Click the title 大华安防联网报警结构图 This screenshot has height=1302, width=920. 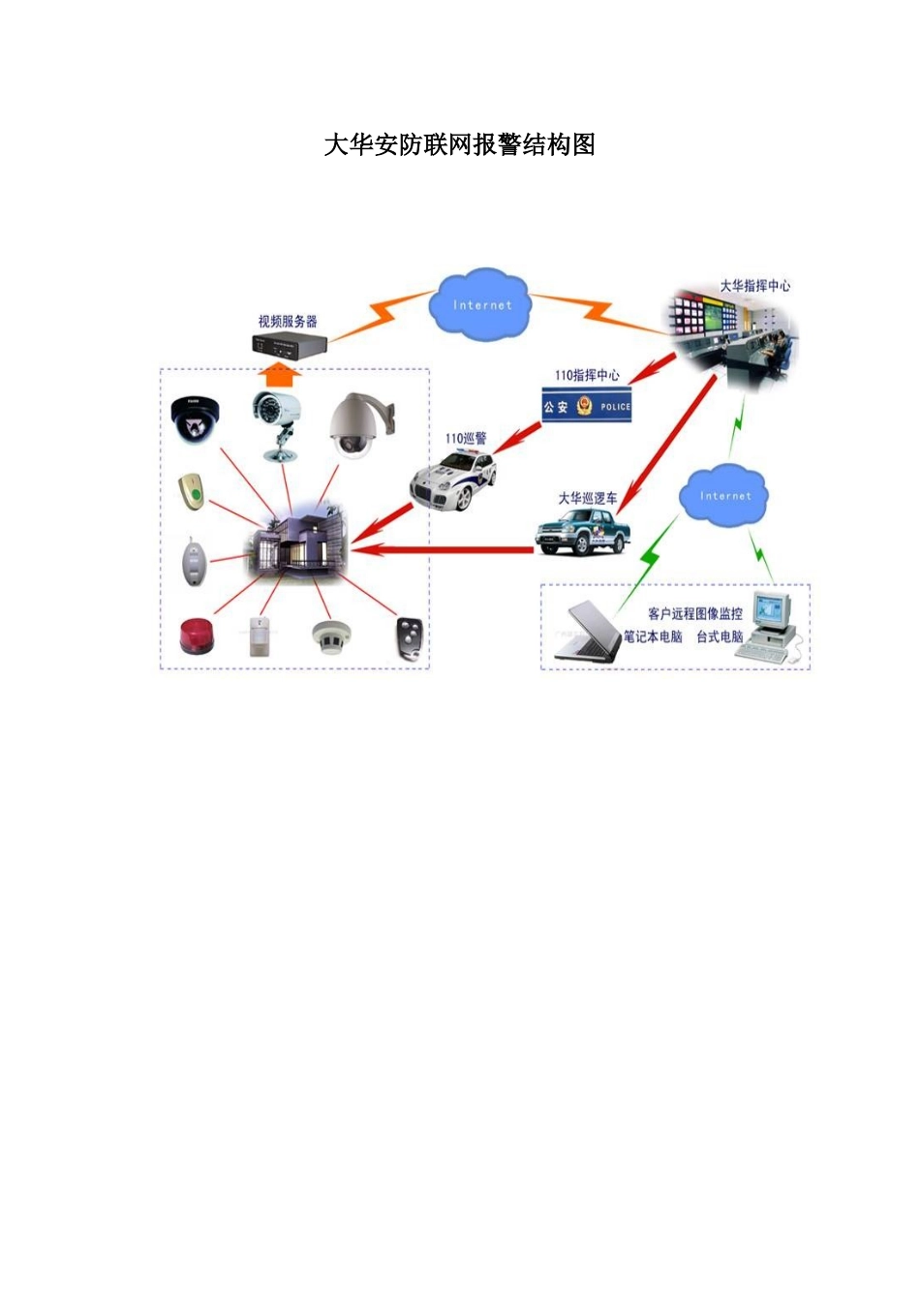coord(459,145)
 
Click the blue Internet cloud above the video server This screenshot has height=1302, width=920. coord(481,305)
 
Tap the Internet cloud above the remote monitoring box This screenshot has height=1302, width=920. coord(724,496)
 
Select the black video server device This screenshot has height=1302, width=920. coord(290,344)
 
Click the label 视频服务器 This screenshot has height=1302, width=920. coord(288,322)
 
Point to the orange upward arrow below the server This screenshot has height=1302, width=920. coord(279,374)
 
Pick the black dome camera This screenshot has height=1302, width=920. coord(195,418)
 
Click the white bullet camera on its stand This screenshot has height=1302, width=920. coord(278,422)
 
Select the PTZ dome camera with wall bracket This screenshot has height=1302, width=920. coord(355,424)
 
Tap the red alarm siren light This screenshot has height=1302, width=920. coord(198,636)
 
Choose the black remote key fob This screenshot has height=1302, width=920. coord(410,639)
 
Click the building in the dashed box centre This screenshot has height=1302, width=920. coord(300,538)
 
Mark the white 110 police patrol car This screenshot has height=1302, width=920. coord(453,480)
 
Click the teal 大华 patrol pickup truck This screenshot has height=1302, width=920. coord(583,531)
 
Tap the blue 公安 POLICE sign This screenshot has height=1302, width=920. coord(586,407)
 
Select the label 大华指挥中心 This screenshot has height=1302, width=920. coord(754,286)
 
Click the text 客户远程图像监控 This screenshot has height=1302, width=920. coord(695,613)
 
